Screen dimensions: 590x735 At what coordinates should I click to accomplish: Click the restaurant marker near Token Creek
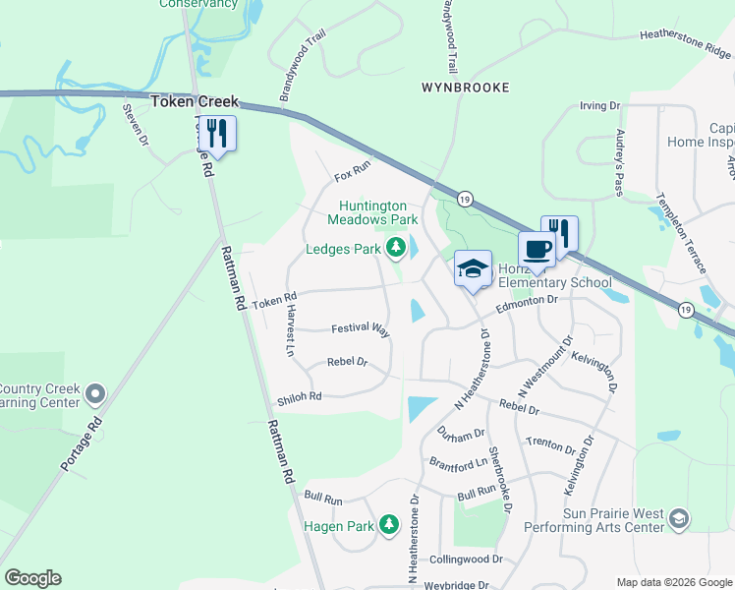point(217,135)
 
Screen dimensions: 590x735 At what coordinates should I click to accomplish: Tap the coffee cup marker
point(537,250)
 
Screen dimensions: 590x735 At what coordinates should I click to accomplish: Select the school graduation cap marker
point(473,268)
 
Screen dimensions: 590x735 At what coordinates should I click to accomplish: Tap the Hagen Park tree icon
point(389,526)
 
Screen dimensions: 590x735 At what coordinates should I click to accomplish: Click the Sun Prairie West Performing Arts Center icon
point(679,518)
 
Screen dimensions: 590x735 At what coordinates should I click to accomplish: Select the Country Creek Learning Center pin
point(95,394)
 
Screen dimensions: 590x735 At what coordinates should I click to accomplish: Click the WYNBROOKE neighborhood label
point(466,88)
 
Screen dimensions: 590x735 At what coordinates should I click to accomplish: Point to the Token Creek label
point(194,101)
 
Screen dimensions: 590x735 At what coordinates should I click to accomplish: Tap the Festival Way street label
point(360,329)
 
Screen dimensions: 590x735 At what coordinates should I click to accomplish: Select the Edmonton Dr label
point(527,304)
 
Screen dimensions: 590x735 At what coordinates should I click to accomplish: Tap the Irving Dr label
point(600,105)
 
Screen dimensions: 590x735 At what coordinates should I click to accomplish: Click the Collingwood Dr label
point(466,559)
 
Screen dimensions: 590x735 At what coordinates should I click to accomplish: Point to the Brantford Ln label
point(458,462)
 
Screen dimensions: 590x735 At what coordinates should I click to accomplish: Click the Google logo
point(32,578)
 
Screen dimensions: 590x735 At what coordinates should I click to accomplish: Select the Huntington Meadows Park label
point(379,212)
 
